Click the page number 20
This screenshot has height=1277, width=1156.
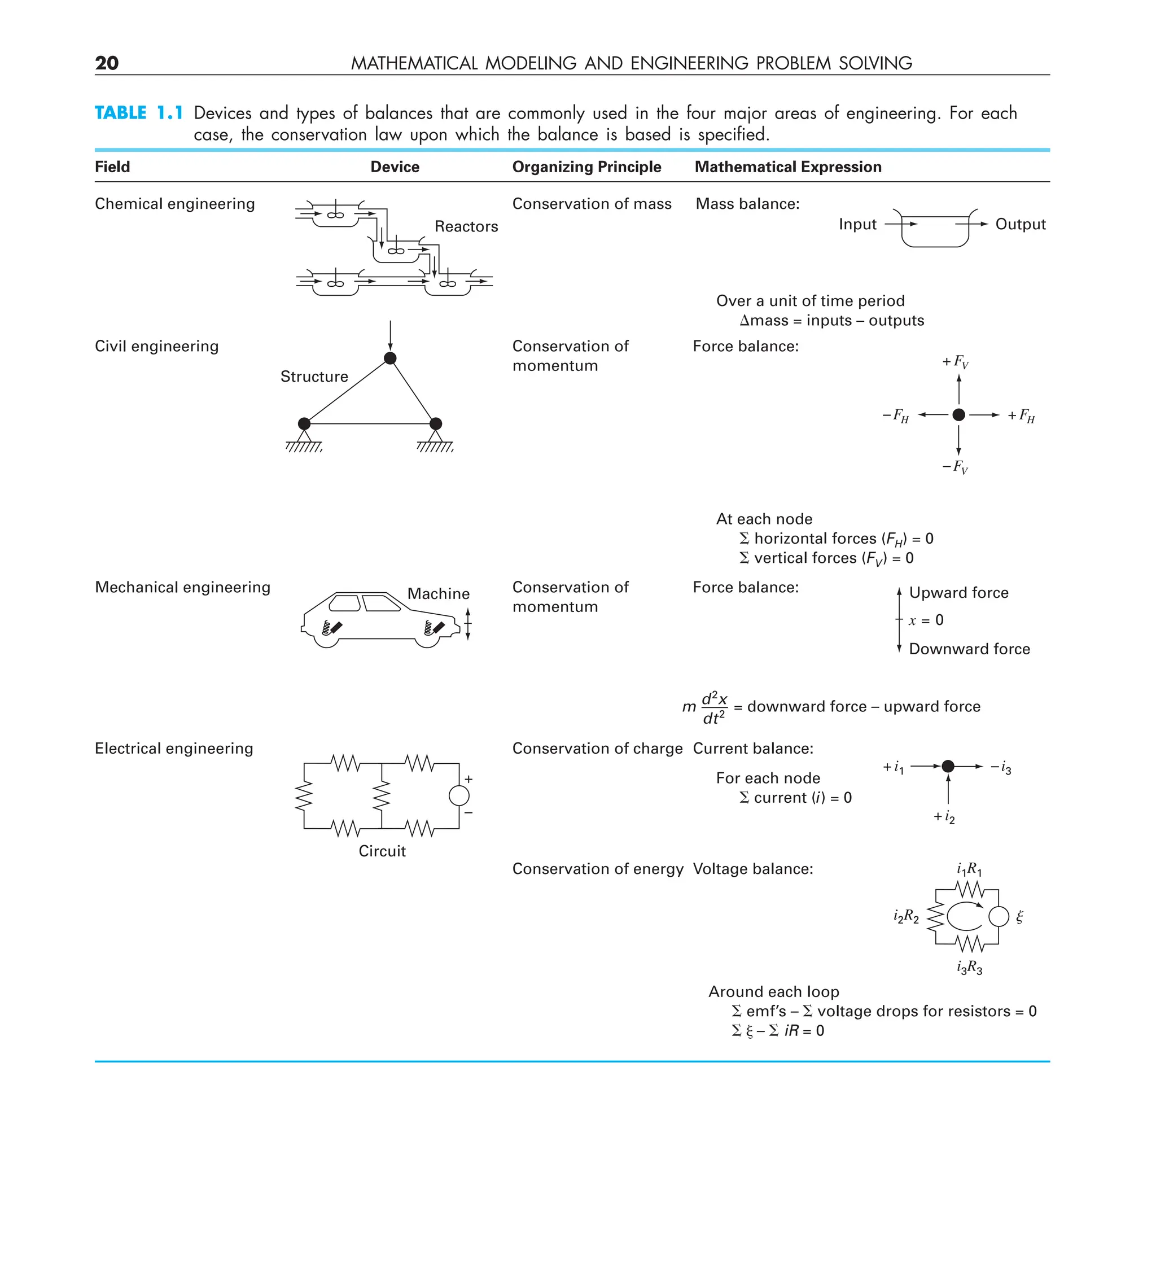coord(107,63)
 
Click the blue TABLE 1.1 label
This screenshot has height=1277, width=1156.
coord(139,113)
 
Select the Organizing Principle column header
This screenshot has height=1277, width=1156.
coord(586,167)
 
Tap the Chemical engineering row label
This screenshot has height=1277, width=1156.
coord(175,204)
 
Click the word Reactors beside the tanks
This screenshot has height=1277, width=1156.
coord(466,226)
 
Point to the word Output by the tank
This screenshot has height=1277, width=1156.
coord(1020,224)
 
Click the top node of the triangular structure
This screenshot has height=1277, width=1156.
coord(390,358)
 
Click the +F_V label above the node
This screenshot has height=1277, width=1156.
coord(955,362)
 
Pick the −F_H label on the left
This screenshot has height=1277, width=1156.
coord(896,416)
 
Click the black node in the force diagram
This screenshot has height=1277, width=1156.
coord(958,415)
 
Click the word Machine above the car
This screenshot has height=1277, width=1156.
coord(439,593)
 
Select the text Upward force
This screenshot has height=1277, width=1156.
coord(958,593)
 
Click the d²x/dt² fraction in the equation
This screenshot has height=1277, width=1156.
coord(714,707)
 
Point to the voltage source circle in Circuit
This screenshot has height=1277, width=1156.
coord(458,795)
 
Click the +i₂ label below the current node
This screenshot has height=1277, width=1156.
coord(944,817)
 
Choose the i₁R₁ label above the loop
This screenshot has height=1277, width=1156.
coord(969,868)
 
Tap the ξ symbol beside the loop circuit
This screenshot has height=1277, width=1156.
coord(1019,917)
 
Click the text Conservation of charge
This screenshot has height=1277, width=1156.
coord(597,749)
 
